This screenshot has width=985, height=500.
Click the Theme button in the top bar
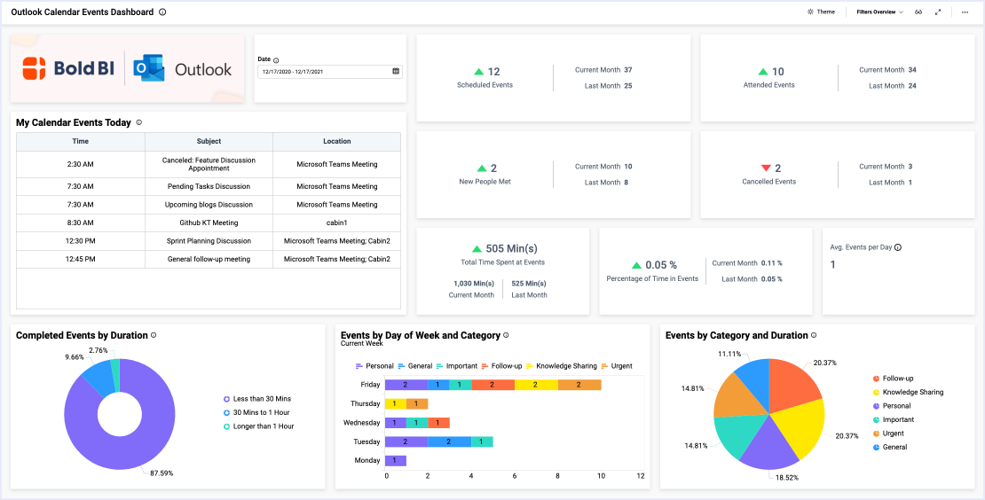click(821, 12)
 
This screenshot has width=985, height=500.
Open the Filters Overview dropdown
click(879, 12)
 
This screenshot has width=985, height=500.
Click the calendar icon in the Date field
click(396, 71)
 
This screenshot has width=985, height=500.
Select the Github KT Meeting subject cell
click(209, 223)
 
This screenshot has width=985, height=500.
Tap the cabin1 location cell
click(336, 223)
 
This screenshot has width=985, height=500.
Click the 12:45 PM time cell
click(80, 259)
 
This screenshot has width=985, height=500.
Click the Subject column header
click(209, 141)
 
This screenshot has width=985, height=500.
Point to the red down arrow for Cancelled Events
click(766, 168)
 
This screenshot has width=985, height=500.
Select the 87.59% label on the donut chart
click(161, 473)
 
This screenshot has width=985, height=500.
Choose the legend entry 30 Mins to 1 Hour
click(261, 413)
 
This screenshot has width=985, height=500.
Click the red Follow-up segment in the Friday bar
click(492, 385)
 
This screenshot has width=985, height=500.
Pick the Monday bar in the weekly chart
click(396, 460)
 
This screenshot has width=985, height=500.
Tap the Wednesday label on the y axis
click(362, 423)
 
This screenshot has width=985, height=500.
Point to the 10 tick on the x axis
click(601, 476)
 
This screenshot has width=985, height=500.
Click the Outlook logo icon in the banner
click(148, 69)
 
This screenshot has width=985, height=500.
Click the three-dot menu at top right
click(965, 12)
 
